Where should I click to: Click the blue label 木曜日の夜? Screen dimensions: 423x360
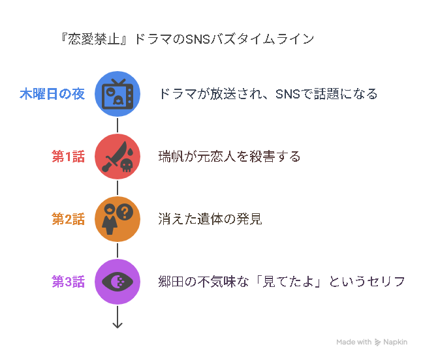[x=52, y=94]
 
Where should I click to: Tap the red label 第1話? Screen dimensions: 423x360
[x=69, y=157]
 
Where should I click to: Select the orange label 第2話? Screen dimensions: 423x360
[x=69, y=219]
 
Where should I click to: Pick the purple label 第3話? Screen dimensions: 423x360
[x=69, y=282]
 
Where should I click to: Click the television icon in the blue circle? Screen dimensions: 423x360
[x=117, y=94]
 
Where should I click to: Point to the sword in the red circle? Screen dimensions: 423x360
[x=114, y=157]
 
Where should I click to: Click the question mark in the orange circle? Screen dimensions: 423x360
[x=125, y=212]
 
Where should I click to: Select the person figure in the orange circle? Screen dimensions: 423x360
[x=110, y=219]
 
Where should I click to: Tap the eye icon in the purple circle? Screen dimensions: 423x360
[x=117, y=282]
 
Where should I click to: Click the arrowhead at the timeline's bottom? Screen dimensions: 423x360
[x=117, y=325]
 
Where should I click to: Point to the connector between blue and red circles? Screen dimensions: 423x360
[x=117, y=125]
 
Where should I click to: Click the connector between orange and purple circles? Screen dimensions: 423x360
[x=117, y=250]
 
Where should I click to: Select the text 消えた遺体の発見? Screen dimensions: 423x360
[x=210, y=219]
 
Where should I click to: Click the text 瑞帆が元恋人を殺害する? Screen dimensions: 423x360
[x=229, y=157]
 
